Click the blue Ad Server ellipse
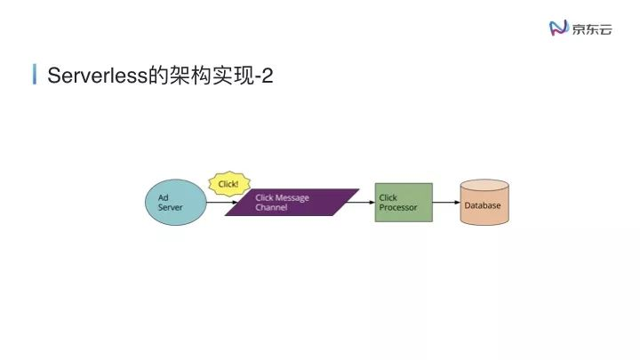pos(175,202)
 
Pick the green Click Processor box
pos(404,202)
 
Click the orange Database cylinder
pos(484,204)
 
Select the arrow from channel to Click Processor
pos(361,202)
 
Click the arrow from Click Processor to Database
pos(445,202)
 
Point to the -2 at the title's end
pos(262,76)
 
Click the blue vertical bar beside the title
pos(34,75)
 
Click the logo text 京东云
pos(592,28)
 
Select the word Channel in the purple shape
pos(271,207)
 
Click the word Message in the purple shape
pos(292,197)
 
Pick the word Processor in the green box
pos(398,207)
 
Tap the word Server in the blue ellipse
pos(171,207)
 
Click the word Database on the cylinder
pos(483,206)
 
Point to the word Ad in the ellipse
pos(163,197)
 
